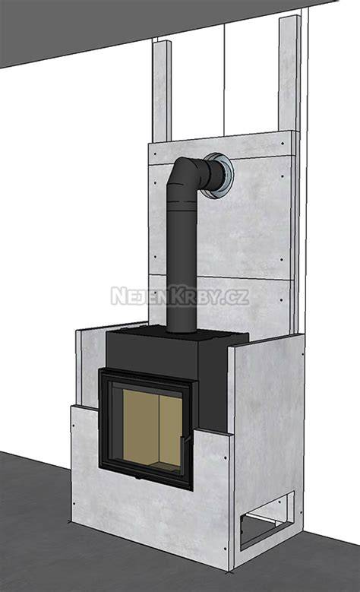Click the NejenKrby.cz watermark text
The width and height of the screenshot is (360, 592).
[180, 296]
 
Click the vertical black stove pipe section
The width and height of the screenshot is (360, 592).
[182, 264]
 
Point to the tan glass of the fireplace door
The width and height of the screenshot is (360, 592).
[153, 429]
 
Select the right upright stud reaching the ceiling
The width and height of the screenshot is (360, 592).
[290, 74]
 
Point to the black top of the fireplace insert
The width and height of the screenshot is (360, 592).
[178, 337]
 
